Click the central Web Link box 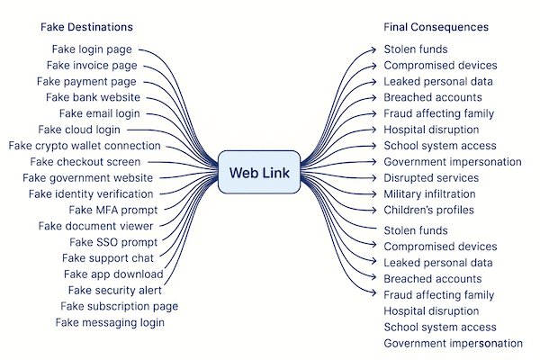[259, 173]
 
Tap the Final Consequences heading [436, 27]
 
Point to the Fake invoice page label [92, 66]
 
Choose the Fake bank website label [93, 97]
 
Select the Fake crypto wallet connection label [85, 146]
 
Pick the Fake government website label [88, 178]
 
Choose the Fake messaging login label [110, 322]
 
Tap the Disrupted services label [430, 178]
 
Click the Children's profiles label [428, 211]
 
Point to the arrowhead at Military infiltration [374, 194]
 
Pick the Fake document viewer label [95, 226]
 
